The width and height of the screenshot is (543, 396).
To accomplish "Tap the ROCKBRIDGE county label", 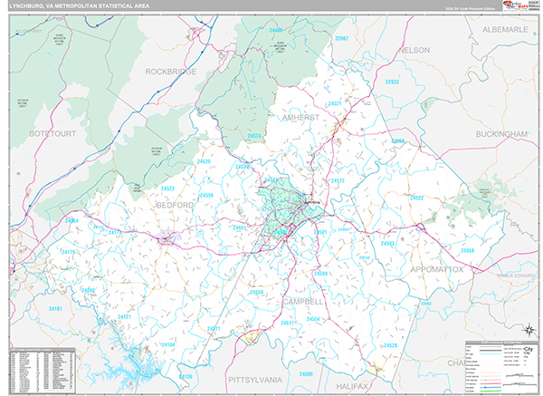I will [x=173, y=70].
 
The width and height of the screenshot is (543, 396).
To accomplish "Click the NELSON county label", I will [x=414, y=50].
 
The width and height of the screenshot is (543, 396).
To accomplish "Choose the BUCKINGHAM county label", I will [x=500, y=133].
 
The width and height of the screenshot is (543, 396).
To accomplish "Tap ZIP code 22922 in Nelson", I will [x=392, y=82].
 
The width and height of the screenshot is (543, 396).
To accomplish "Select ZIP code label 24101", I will [x=56, y=309].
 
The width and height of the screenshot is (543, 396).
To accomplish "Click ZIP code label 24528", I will [x=389, y=345].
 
